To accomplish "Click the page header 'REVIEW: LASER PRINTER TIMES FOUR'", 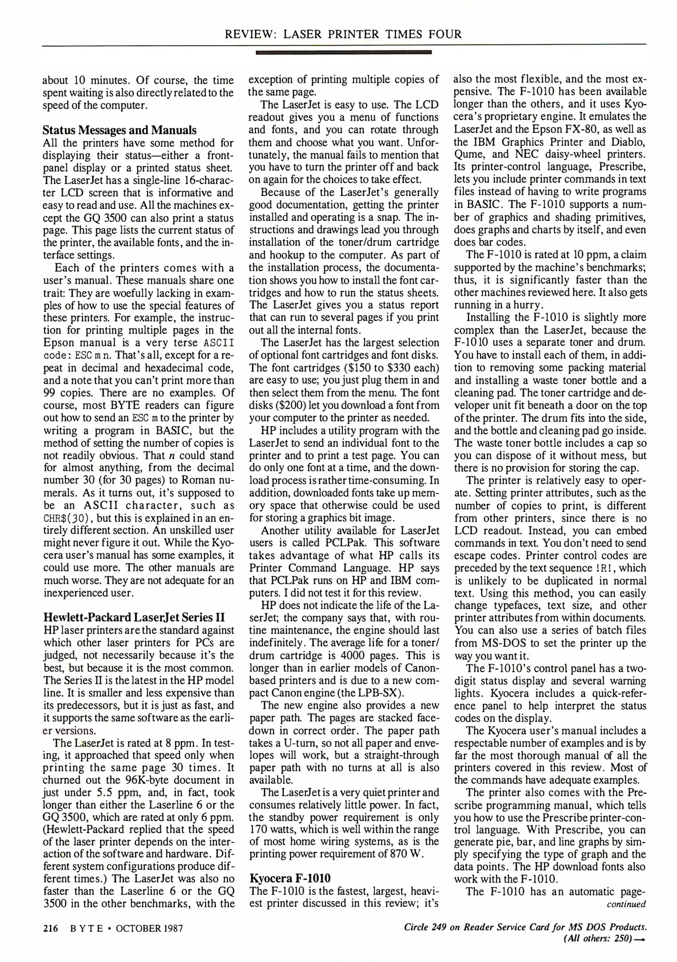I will [343, 34].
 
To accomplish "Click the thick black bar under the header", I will [343, 53].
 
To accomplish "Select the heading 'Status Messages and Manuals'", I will [119, 130].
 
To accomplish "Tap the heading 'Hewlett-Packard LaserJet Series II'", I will [134, 617].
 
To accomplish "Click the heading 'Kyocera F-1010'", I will [290, 878].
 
